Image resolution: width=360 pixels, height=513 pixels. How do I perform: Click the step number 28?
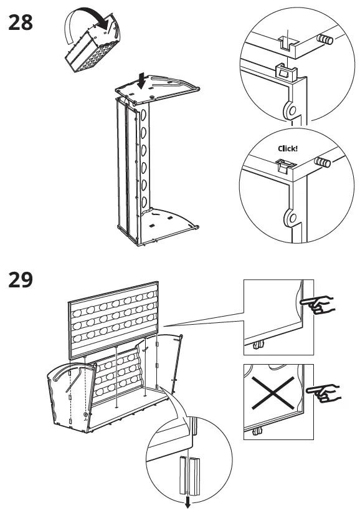click(x=20, y=24)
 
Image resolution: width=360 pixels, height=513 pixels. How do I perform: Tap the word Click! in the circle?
click(x=288, y=149)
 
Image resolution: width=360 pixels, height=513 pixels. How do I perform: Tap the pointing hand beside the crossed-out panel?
click(x=326, y=393)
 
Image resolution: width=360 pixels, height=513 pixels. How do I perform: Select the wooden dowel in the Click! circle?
click(x=322, y=163)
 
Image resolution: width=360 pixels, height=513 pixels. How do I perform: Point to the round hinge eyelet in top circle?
click(x=290, y=110)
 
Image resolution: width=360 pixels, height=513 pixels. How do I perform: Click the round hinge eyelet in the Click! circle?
click(x=290, y=218)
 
